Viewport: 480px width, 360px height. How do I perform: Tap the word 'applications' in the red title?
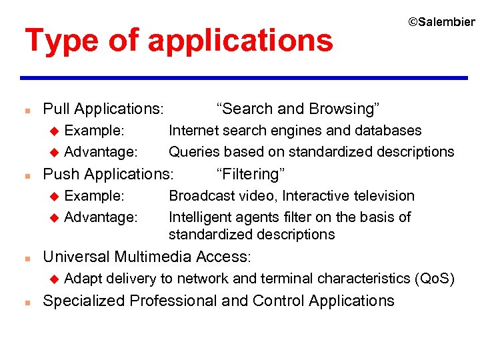click(x=241, y=40)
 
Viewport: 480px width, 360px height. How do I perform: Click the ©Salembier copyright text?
click(x=441, y=22)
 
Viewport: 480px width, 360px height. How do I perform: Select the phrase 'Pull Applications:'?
click(x=103, y=109)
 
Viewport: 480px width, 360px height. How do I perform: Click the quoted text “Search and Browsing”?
click(x=298, y=109)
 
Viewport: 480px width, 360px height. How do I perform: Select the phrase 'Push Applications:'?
click(x=107, y=174)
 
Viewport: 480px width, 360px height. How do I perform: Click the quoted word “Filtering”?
click(x=251, y=174)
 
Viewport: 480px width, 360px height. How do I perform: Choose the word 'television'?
click(x=381, y=195)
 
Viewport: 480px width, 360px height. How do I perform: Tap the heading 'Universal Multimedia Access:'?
click(x=147, y=257)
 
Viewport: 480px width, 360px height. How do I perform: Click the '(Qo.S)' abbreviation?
click(x=435, y=278)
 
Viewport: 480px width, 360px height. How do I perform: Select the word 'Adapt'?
click(x=83, y=278)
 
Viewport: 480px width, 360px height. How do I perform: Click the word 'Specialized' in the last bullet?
click(x=84, y=301)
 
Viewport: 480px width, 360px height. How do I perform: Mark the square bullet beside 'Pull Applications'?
click(x=25, y=109)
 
